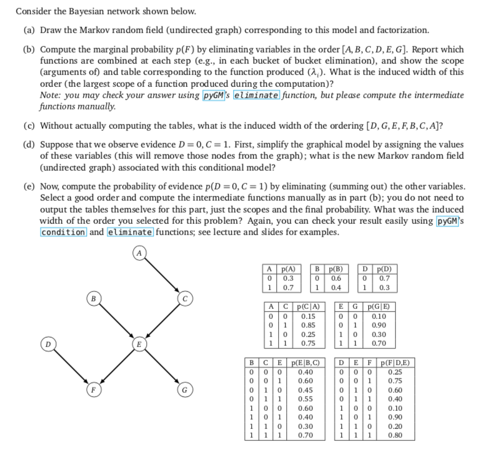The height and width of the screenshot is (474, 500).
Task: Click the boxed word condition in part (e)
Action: point(62,232)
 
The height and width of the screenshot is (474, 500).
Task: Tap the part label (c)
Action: point(27,123)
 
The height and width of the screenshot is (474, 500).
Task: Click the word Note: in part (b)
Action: point(51,95)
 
